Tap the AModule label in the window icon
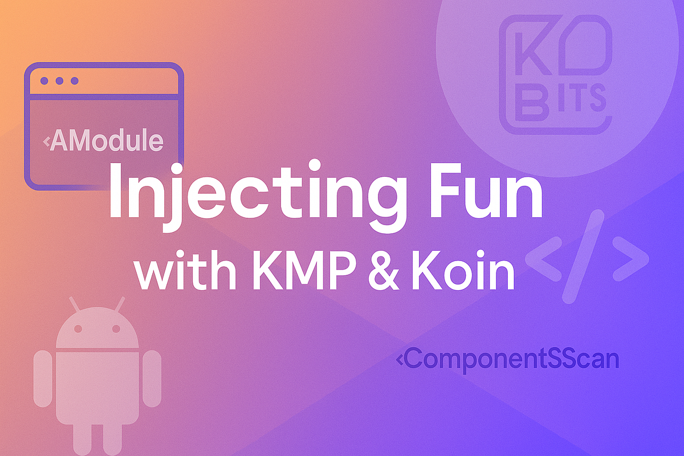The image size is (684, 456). click(x=106, y=140)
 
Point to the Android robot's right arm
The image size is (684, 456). click(x=152, y=378)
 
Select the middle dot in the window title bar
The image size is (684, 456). click(x=60, y=81)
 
